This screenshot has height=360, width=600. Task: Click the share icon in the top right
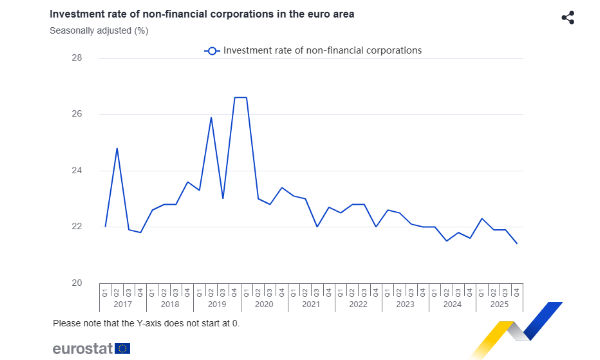(x=568, y=18)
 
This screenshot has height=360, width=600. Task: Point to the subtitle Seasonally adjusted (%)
(x=99, y=30)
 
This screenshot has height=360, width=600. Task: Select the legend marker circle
(x=211, y=50)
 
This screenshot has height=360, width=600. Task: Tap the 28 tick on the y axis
(x=76, y=58)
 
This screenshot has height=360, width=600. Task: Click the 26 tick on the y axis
(x=76, y=114)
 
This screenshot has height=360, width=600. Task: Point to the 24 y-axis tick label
(x=76, y=170)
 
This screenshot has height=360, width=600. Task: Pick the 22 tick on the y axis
(x=76, y=226)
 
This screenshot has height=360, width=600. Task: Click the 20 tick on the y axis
(x=76, y=283)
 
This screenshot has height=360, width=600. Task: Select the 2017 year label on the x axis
(x=122, y=304)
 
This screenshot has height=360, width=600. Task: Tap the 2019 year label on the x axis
(x=216, y=304)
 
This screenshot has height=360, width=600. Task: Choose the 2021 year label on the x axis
(x=310, y=304)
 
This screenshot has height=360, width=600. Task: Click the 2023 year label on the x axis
(x=404, y=304)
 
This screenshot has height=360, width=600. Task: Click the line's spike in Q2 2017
(x=117, y=148)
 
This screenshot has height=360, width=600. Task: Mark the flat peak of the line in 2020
(x=240, y=98)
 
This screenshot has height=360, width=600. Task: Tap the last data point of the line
(x=516, y=243)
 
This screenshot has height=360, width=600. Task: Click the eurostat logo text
(x=82, y=348)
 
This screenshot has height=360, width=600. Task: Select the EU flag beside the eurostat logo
(x=122, y=348)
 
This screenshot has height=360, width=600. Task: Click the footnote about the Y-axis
(x=146, y=323)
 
